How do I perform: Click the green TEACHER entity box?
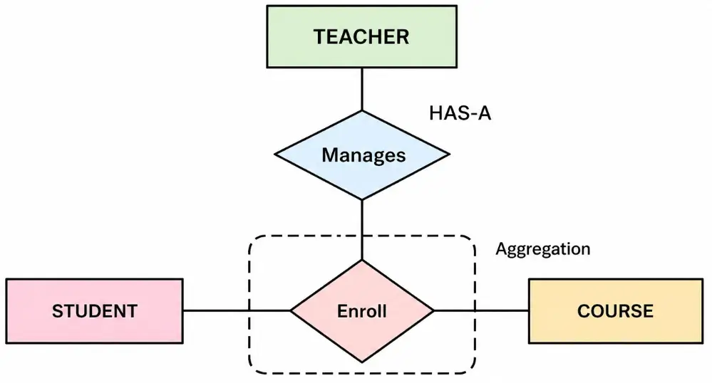[361, 36]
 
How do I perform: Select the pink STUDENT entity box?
[94, 310]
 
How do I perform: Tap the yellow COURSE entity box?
[615, 310]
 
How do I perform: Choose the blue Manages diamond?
[362, 154]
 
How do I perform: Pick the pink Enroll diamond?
[361, 310]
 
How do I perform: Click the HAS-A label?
[460, 113]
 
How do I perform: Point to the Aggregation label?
[542, 249]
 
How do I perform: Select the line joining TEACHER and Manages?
[362, 89]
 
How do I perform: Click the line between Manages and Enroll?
[362, 228]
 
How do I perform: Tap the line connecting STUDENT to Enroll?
[235, 310]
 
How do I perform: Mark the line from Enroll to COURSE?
[481, 310]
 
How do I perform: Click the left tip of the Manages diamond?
[275, 154]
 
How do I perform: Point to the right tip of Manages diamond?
[450, 154]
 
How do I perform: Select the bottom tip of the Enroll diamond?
[362, 362]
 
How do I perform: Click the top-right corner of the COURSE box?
[702, 279]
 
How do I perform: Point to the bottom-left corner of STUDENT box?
[7, 342]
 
